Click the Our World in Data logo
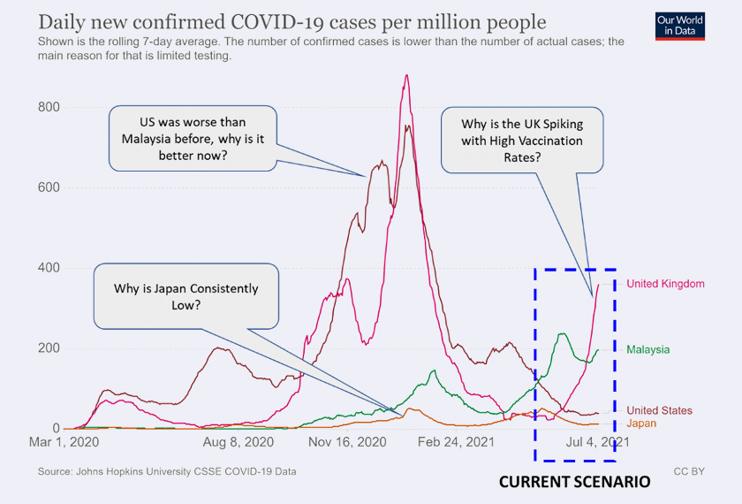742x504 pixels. pos(680,26)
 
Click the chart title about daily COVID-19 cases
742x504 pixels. pos(292,22)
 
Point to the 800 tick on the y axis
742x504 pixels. pos(48,108)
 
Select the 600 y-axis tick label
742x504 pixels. pos(48,187)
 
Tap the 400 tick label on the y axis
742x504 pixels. pos(48,268)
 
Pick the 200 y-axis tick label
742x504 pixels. pos(48,348)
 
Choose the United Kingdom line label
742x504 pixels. pos(665,284)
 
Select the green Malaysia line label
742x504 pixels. pos(647,350)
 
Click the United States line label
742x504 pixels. pos(659,410)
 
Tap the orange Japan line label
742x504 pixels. pos(641,424)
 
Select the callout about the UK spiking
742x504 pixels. pos(522,140)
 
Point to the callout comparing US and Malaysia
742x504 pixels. pos(193,138)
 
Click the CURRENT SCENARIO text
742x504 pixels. pos(574,483)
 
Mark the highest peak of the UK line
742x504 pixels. pos(406,75)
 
